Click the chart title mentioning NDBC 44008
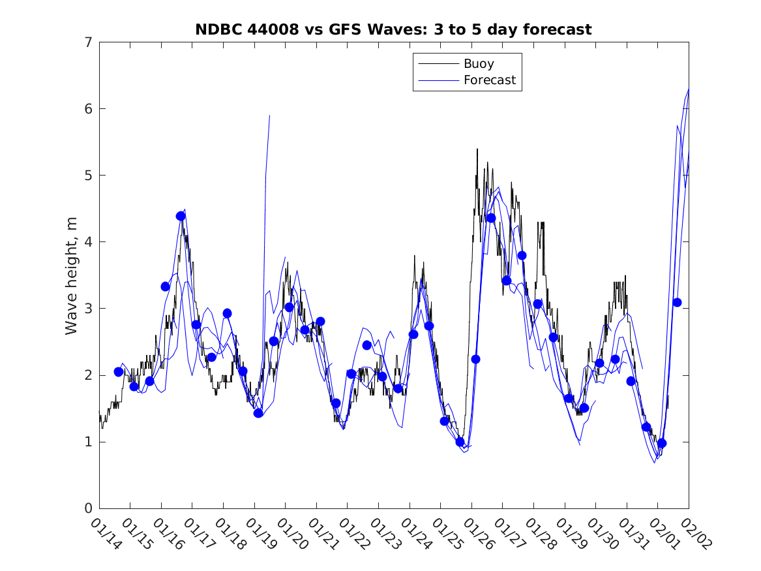393,29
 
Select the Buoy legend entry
479,64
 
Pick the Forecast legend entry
489,80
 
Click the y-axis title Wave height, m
72,274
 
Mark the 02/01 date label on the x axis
664,534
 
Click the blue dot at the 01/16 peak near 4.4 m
181,216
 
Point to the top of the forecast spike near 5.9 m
269,116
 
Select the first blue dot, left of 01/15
119,372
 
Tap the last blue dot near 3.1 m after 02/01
677,302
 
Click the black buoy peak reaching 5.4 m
477,149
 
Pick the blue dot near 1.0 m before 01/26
460,442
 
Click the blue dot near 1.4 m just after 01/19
258,413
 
